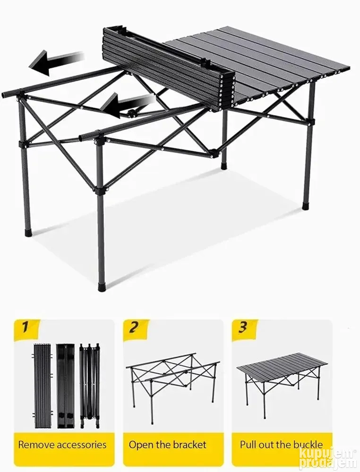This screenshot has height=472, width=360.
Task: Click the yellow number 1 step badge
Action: pyautogui.click(x=26, y=330)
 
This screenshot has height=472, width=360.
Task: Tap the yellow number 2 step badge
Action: pyautogui.click(x=136, y=330)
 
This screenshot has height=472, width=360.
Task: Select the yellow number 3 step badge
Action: pyautogui.click(x=244, y=330)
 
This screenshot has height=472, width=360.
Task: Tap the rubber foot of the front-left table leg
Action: pyautogui.click(x=27, y=233)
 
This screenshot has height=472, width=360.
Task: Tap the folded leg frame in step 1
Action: pyautogui.click(x=90, y=386)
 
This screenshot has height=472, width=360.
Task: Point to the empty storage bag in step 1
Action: pyautogui.click(x=65, y=386)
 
